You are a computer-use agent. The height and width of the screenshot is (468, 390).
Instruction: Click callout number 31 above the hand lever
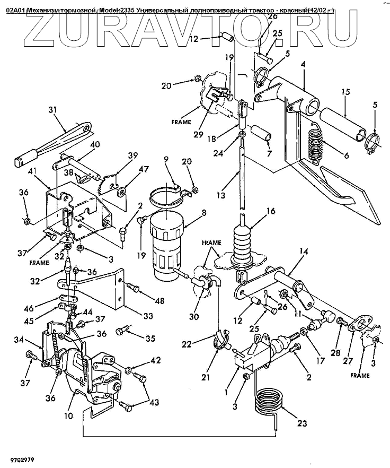coord(67,110)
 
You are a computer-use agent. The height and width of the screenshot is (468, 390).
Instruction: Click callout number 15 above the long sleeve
coord(345,92)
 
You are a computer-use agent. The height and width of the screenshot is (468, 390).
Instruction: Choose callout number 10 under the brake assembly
coord(68,416)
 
